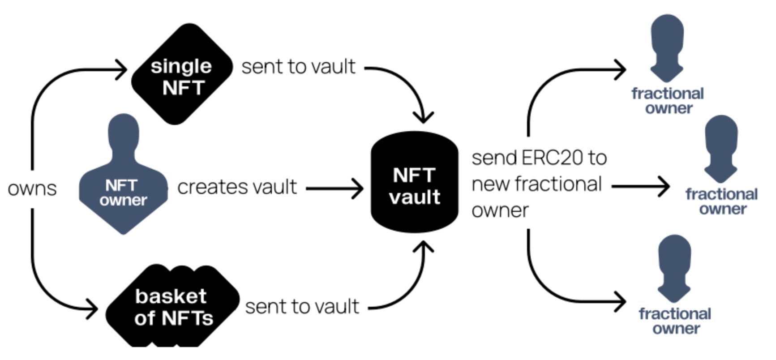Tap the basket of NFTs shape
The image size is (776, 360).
tap(172, 307)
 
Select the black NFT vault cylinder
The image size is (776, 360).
tap(414, 184)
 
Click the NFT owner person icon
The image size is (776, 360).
tap(123, 175)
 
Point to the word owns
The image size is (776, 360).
tap(32, 189)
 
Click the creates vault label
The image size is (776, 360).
tap(237, 187)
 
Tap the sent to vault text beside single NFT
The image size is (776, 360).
tap(298, 67)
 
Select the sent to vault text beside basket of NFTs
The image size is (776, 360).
tap(302, 307)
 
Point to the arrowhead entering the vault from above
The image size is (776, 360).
tap(423, 117)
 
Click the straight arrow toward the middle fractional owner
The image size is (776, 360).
tap(640, 186)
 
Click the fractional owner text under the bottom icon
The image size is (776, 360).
tap(675, 321)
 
